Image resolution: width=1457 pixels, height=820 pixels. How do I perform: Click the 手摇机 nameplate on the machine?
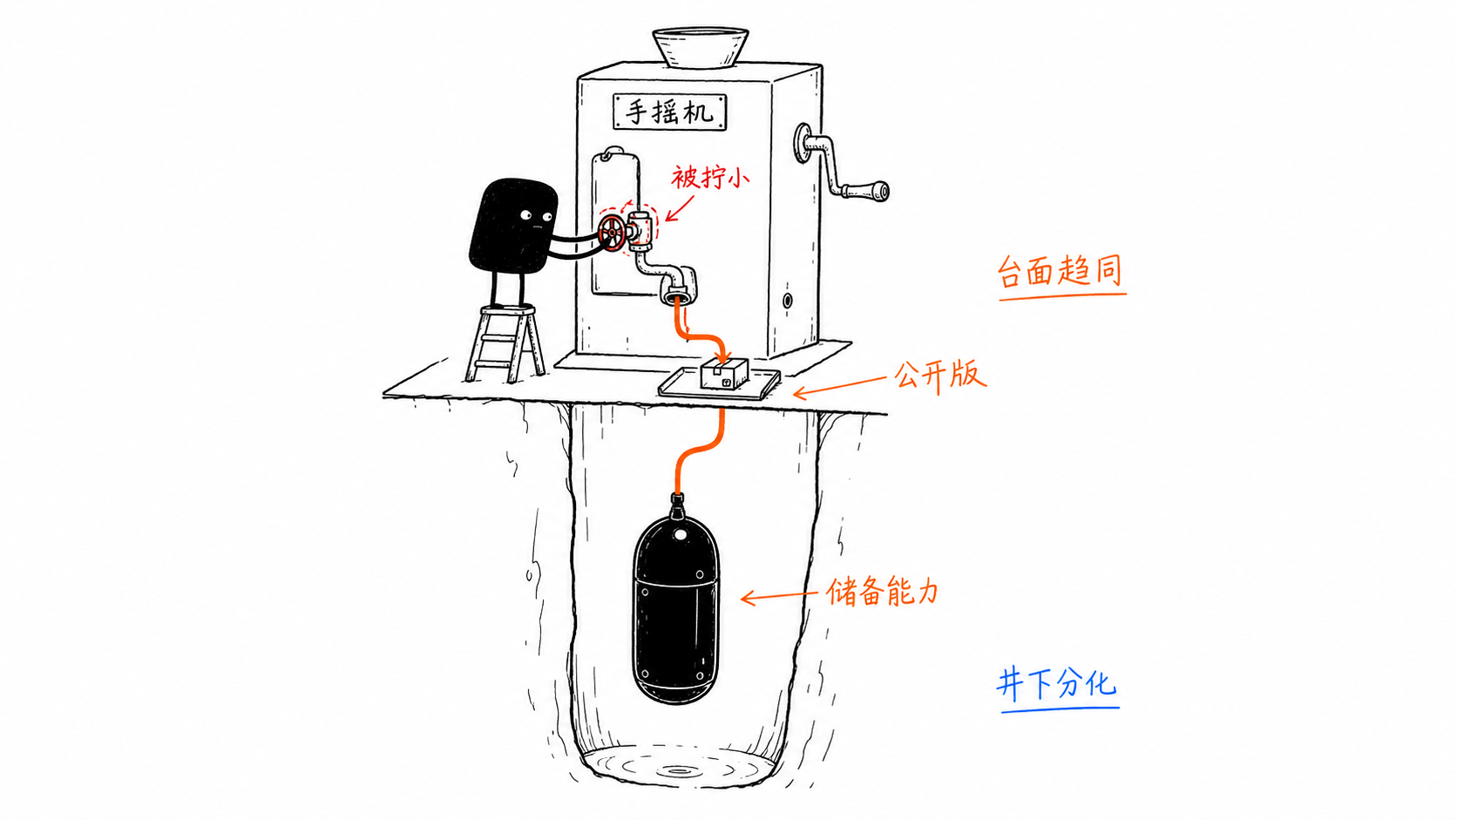click(x=670, y=112)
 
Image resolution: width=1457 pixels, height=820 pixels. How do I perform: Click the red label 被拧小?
click(x=709, y=178)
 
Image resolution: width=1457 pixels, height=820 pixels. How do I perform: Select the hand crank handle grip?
click(x=865, y=191)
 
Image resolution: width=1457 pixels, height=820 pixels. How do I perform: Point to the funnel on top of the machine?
click(x=700, y=47)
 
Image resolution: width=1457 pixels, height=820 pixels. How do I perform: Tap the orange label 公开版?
click(x=940, y=376)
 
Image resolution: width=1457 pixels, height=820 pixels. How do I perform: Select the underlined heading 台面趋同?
click(x=1061, y=272)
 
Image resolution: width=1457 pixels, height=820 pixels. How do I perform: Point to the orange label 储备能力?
click(x=882, y=593)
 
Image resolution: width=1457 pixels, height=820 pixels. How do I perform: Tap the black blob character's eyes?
click(x=536, y=215)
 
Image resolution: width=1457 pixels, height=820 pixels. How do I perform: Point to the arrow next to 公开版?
click(x=839, y=386)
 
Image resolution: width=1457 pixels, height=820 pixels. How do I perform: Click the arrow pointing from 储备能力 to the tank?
click(x=778, y=596)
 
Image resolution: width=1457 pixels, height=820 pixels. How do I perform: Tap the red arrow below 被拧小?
click(x=679, y=209)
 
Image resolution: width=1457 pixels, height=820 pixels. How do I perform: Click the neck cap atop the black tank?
click(x=677, y=503)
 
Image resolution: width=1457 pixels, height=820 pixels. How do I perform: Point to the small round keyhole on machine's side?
click(x=787, y=302)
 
